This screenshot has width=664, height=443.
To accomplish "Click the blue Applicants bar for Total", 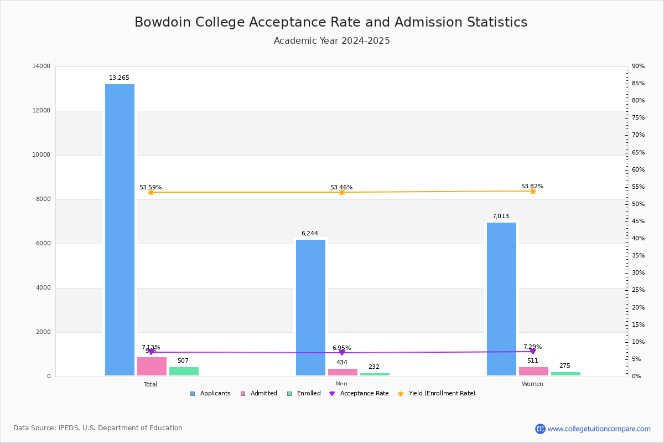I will pyautogui.click(x=120, y=230).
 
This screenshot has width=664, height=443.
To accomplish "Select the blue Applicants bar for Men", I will pyautogui.click(x=310, y=307).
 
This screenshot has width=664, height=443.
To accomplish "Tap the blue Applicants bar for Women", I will pyautogui.click(x=501, y=299).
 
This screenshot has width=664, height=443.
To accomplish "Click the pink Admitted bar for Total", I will pyautogui.click(x=152, y=367).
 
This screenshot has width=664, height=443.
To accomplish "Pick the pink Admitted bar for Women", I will pyautogui.click(x=533, y=372).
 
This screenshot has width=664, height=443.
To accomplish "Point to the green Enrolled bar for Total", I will pyautogui.click(x=184, y=372).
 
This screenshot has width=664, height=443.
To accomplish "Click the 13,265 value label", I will pyautogui.click(x=119, y=78).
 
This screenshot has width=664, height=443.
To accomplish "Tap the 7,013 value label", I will pyautogui.click(x=500, y=217).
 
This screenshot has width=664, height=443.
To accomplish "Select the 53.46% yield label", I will pyautogui.click(x=341, y=188).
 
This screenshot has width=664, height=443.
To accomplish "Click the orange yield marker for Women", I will pyautogui.click(x=533, y=191).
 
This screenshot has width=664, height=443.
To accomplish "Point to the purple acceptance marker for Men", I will pyautogui.click(x=342, y=353).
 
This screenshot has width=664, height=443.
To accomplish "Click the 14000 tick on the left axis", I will pyautogui.click(x=41, y=66).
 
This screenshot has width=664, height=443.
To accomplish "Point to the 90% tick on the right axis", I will pyautogui.click(x=638, y=66).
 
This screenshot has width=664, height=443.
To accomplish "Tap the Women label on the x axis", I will pyautogui.click(x=532, y=384).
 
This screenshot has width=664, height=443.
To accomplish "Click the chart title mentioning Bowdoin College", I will pyautogui.click(x=331, y=22).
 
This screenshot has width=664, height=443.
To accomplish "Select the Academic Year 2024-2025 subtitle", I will pyautogui.click(x=332, y=41).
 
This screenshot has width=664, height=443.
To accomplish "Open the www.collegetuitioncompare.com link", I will pyautogui.click(x=599, y=429).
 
